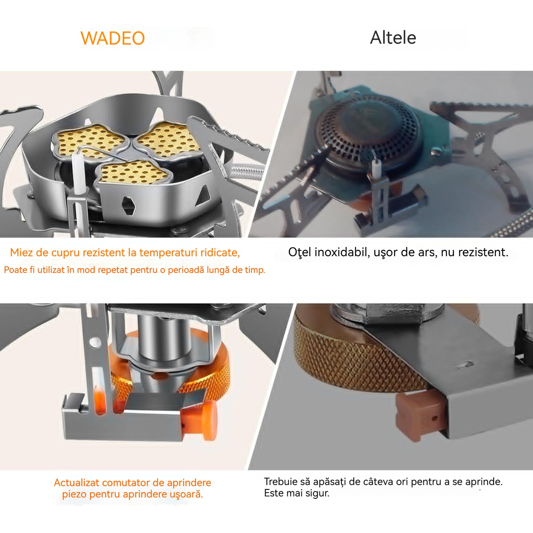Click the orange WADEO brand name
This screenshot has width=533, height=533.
point(113,38)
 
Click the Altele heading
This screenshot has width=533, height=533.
point(393,37)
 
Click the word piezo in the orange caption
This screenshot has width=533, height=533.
point(73,494)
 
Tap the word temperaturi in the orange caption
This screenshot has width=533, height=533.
point(168,253)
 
